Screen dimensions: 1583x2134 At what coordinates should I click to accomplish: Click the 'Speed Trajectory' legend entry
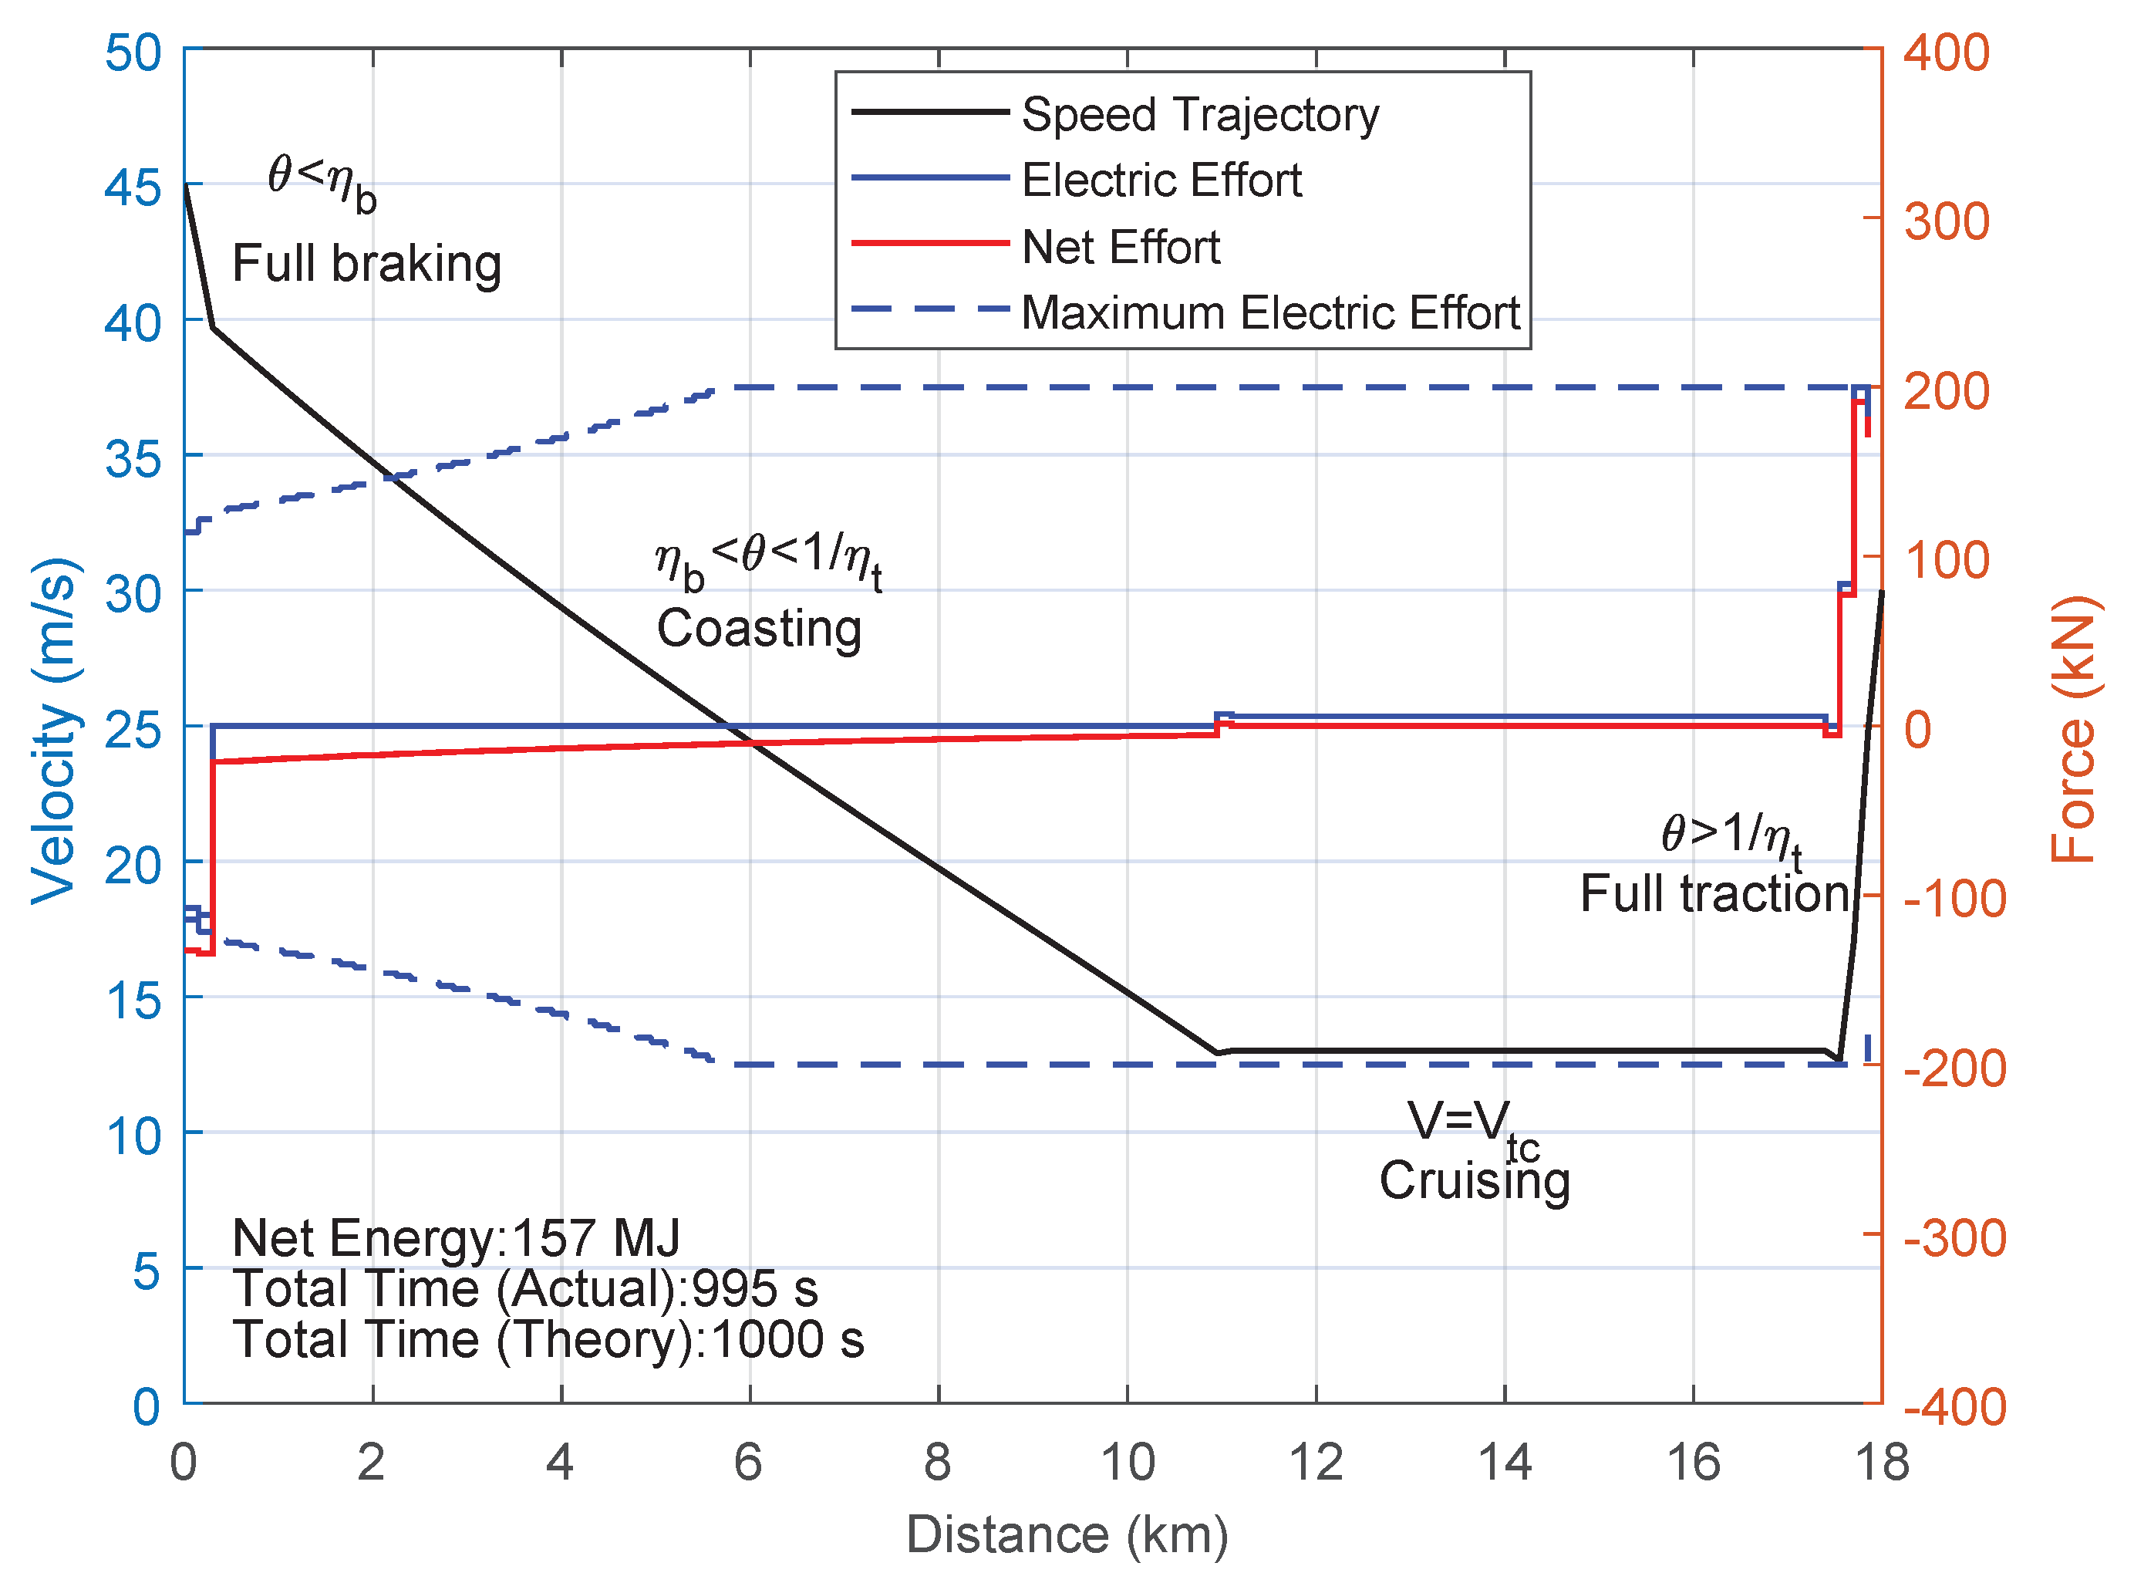(1200, 115)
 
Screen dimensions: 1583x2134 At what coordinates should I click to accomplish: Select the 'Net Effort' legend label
(1121, 247)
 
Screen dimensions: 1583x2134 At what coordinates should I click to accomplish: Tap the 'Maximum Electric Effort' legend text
(1270, 313)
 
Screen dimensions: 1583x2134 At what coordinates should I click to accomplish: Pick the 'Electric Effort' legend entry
(1161, 181)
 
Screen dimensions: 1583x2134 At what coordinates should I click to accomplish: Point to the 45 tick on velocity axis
(133, 187)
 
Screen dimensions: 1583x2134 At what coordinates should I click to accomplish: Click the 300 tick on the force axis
(1947, 221)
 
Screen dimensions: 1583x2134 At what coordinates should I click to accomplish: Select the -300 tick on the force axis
(1954, 1238)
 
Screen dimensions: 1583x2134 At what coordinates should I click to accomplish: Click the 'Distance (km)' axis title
(1066, 1535)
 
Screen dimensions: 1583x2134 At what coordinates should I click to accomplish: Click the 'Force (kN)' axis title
(2075, 728)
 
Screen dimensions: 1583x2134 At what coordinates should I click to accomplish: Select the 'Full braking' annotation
(367, 264)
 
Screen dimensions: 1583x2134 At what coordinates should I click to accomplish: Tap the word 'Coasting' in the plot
(759, 629)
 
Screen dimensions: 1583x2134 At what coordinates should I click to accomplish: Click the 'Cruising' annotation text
(1474, 1180)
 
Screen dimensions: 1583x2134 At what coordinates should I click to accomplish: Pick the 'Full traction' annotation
(1714, 893)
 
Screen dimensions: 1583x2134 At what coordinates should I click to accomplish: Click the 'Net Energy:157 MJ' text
(456, 1238)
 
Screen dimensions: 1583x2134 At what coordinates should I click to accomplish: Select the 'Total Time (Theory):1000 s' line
(548, 1339)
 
